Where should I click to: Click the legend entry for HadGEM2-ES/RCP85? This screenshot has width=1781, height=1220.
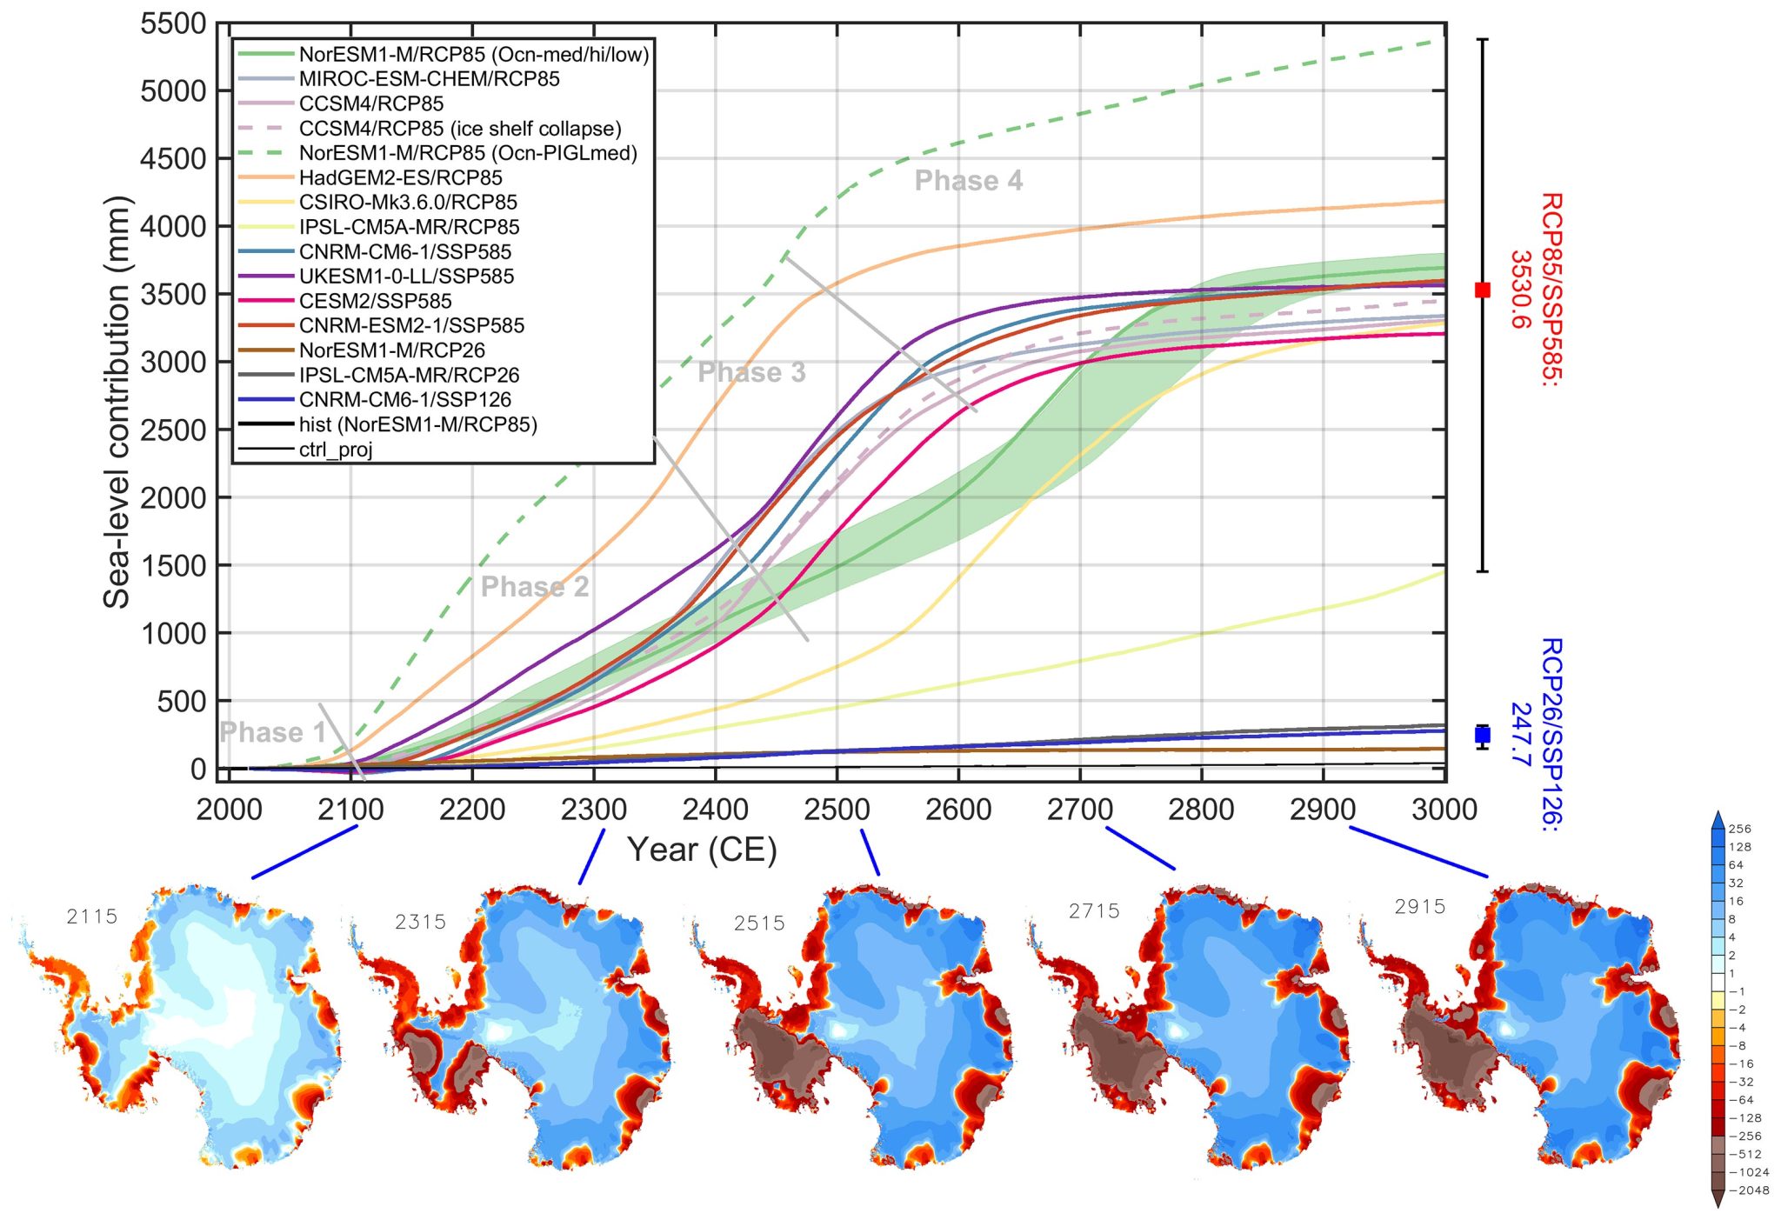tap(400, 178)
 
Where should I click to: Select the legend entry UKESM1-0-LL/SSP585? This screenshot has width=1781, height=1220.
tap(406, 277)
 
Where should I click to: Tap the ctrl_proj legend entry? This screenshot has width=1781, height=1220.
tap(336, 450)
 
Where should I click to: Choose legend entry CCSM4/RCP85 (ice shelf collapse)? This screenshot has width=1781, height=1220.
tap(460, 129)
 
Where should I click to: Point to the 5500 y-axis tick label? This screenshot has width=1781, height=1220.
tap(173, 24)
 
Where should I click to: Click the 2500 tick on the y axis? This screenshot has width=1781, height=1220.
tap(173, 430)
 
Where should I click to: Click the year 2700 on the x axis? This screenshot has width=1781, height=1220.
tap(1079, 810)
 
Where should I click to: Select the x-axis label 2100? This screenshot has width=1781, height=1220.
tap(350, 810)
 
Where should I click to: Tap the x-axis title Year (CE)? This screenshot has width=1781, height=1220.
tap(702, 850)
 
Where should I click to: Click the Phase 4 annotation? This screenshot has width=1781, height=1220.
tap(968, 181)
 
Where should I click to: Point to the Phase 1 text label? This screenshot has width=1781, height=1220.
tap(272, 732)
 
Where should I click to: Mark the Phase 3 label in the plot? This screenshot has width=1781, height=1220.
tap(751, 373)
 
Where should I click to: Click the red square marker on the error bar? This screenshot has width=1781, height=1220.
tap(1483, 290)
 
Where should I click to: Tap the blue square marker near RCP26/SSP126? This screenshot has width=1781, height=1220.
tap(1483, 736)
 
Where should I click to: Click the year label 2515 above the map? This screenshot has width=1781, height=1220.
tap(759, 923)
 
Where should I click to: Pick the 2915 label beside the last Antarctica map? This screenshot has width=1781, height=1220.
tap(1419, 907)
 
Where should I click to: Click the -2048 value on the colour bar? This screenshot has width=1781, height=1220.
tap(1749, 1190)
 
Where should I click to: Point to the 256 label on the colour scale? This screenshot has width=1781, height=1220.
tap(1740, 829)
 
